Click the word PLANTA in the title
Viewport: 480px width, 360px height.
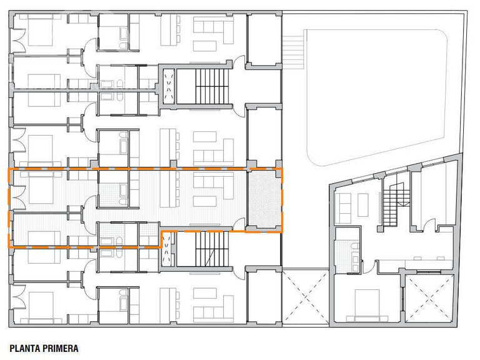tap(25, 348)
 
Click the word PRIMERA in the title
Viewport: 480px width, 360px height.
tap(60, 348)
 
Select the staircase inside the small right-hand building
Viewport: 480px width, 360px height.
tap(396, 204)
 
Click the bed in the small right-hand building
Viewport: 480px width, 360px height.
tap(367, 306)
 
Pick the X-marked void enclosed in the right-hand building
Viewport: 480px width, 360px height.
tap(429, 298)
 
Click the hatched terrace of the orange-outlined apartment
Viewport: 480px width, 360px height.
tap(264, 199)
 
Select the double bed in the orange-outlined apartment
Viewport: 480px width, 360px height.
tap(41, 188)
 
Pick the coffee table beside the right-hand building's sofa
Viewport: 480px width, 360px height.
tap(363, 205)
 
